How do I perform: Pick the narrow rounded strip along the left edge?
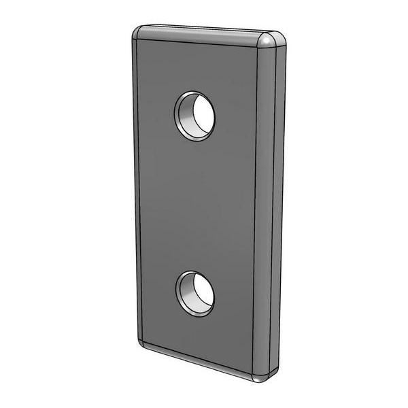click(x=135, y=190)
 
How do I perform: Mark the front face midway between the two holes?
click(x=195, y=204)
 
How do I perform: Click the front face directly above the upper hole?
click(x=195, y=68)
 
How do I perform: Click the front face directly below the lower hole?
click(x=195, y=333)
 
